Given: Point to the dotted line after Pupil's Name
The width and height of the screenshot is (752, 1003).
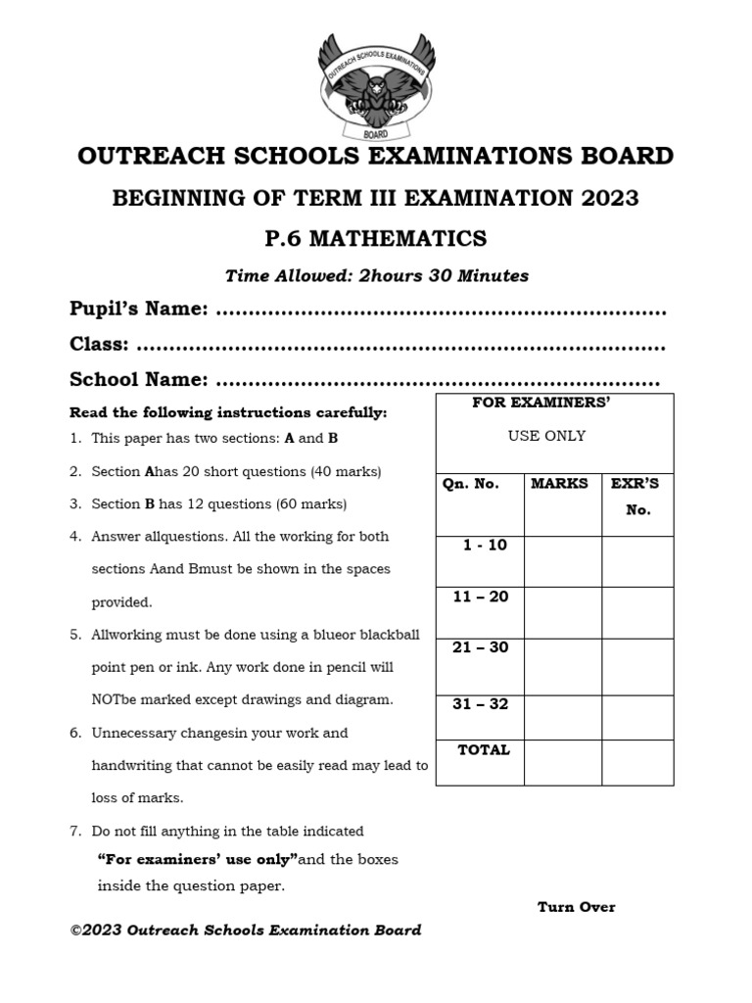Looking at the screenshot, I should (x=440, y=311).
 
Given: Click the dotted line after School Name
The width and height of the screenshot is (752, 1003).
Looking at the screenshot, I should (x=437, y=381).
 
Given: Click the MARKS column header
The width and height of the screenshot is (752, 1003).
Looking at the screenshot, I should (x=559, y=483).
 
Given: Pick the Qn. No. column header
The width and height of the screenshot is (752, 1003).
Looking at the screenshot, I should (x=470, y=483).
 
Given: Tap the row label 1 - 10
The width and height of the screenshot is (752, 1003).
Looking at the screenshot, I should (x=485, y=545).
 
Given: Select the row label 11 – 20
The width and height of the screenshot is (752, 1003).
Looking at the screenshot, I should (x=481, y=596).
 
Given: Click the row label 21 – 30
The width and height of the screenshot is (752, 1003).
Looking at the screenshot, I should (x=481, y=647).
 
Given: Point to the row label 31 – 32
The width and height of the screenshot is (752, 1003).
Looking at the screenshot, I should (x=481, y=703).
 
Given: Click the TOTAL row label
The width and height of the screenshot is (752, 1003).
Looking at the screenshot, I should (x=484, y=750).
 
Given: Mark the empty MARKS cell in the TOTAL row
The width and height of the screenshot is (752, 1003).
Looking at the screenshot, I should (x=563, y=762).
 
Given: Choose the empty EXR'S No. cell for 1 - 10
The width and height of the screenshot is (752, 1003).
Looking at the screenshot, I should (x=637, y=561).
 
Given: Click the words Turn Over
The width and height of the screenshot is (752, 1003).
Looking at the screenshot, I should (x=576, y=907).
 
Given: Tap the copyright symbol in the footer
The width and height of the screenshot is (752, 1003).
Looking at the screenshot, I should (x=76, y=931).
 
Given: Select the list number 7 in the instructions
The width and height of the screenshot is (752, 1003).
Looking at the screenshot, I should (x=74, y=831).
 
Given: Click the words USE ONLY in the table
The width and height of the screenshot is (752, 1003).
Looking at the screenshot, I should (x=546, y=436).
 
